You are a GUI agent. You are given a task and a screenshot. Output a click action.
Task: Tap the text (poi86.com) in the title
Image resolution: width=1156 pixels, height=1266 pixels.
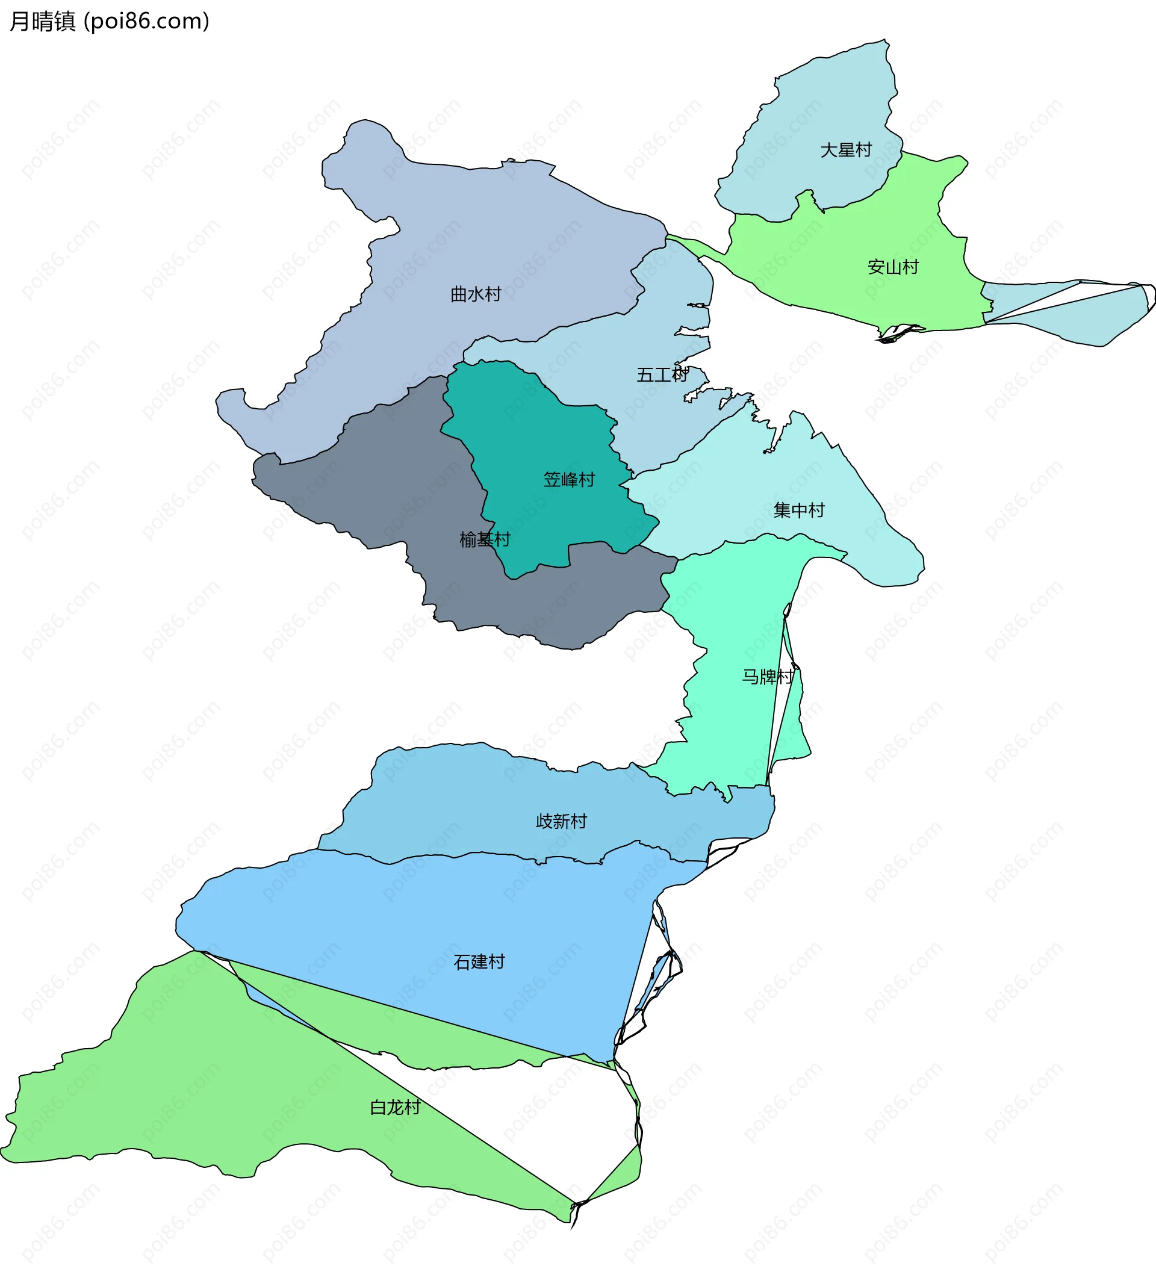click(x=146, y=21)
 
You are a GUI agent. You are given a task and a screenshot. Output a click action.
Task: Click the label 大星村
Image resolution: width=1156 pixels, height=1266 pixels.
click(x=846, y=150)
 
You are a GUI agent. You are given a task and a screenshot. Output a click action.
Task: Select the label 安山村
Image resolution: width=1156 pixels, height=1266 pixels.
click(x=893, y=267)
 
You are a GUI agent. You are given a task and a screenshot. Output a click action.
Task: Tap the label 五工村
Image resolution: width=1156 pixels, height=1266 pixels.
click(x=662, y=376)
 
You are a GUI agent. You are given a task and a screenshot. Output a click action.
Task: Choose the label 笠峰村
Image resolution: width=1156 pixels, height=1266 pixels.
click(x=569, y=480)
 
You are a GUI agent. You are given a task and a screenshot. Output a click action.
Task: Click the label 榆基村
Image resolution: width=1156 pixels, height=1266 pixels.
click(x=485, y=540)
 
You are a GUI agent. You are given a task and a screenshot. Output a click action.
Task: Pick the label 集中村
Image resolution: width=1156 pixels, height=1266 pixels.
click(x=799, y=510)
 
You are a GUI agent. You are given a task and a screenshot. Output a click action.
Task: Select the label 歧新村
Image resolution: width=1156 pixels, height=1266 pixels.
click(x=561, y=821)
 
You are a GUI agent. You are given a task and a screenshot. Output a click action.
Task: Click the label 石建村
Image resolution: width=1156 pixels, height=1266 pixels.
click(x=479, y=962)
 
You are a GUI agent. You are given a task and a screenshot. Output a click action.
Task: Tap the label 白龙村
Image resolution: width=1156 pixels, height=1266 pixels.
click(x=395, y=1107)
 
